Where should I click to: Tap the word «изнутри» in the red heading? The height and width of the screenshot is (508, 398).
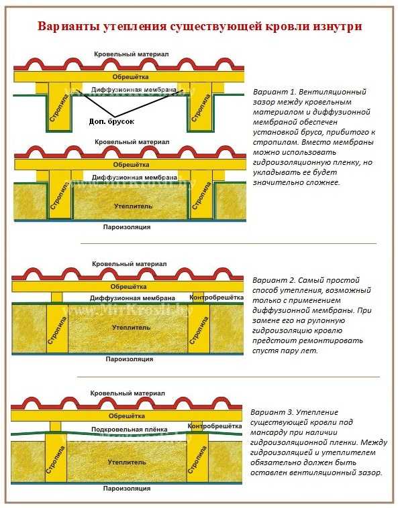(338, 26)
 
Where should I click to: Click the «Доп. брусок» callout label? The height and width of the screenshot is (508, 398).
(111, 121)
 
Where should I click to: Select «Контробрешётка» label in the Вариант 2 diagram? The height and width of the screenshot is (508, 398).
(216, 298)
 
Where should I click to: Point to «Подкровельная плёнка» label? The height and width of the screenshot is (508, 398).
(129, 430)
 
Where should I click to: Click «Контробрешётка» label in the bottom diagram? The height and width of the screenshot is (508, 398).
(215, 426)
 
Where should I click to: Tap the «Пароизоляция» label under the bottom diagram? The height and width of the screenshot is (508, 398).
(127, 489)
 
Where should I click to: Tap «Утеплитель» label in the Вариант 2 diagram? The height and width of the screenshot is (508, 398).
(131, 328)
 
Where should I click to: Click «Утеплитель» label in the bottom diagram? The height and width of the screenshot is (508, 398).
(126, 462)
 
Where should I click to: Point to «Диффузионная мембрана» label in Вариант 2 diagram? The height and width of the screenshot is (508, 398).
(132, 298)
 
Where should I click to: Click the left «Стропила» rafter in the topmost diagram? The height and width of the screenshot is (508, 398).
(59, 107)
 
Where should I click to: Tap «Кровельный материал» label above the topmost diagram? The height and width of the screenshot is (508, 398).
(132, 54)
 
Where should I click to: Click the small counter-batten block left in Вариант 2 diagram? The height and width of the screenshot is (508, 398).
(57, 297)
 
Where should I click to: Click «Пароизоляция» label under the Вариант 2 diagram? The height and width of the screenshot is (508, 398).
(130, 359)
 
